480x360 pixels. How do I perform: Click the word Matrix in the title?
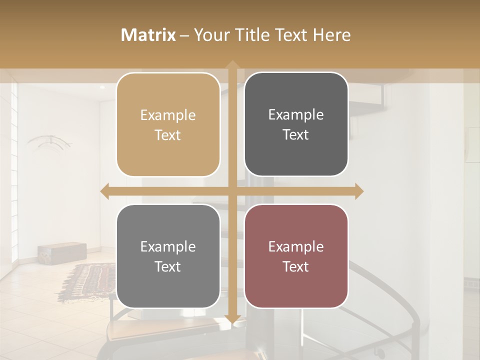pyautogui.click(x=148, y=35)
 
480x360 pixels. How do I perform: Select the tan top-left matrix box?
pyautogui.click(x=168, y=124)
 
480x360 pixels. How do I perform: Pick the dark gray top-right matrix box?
pyautogui.click(x=296, y=124)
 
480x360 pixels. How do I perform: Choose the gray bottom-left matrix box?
pyautogui.click(x=168, y=256)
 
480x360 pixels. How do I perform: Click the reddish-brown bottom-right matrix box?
pyautogui.click(x=296, y=256)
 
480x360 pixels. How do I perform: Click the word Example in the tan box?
pyautogui.click(x=168, y=115)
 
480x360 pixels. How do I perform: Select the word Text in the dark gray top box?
pyautogui.click(x=296, y=135)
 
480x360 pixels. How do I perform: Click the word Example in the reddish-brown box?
pyautogui.click(x=296, y=246)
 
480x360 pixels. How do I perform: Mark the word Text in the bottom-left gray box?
pyautogui.click(x=168, y=266)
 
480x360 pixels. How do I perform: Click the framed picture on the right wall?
pyautogui.click(x=472, y=145)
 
